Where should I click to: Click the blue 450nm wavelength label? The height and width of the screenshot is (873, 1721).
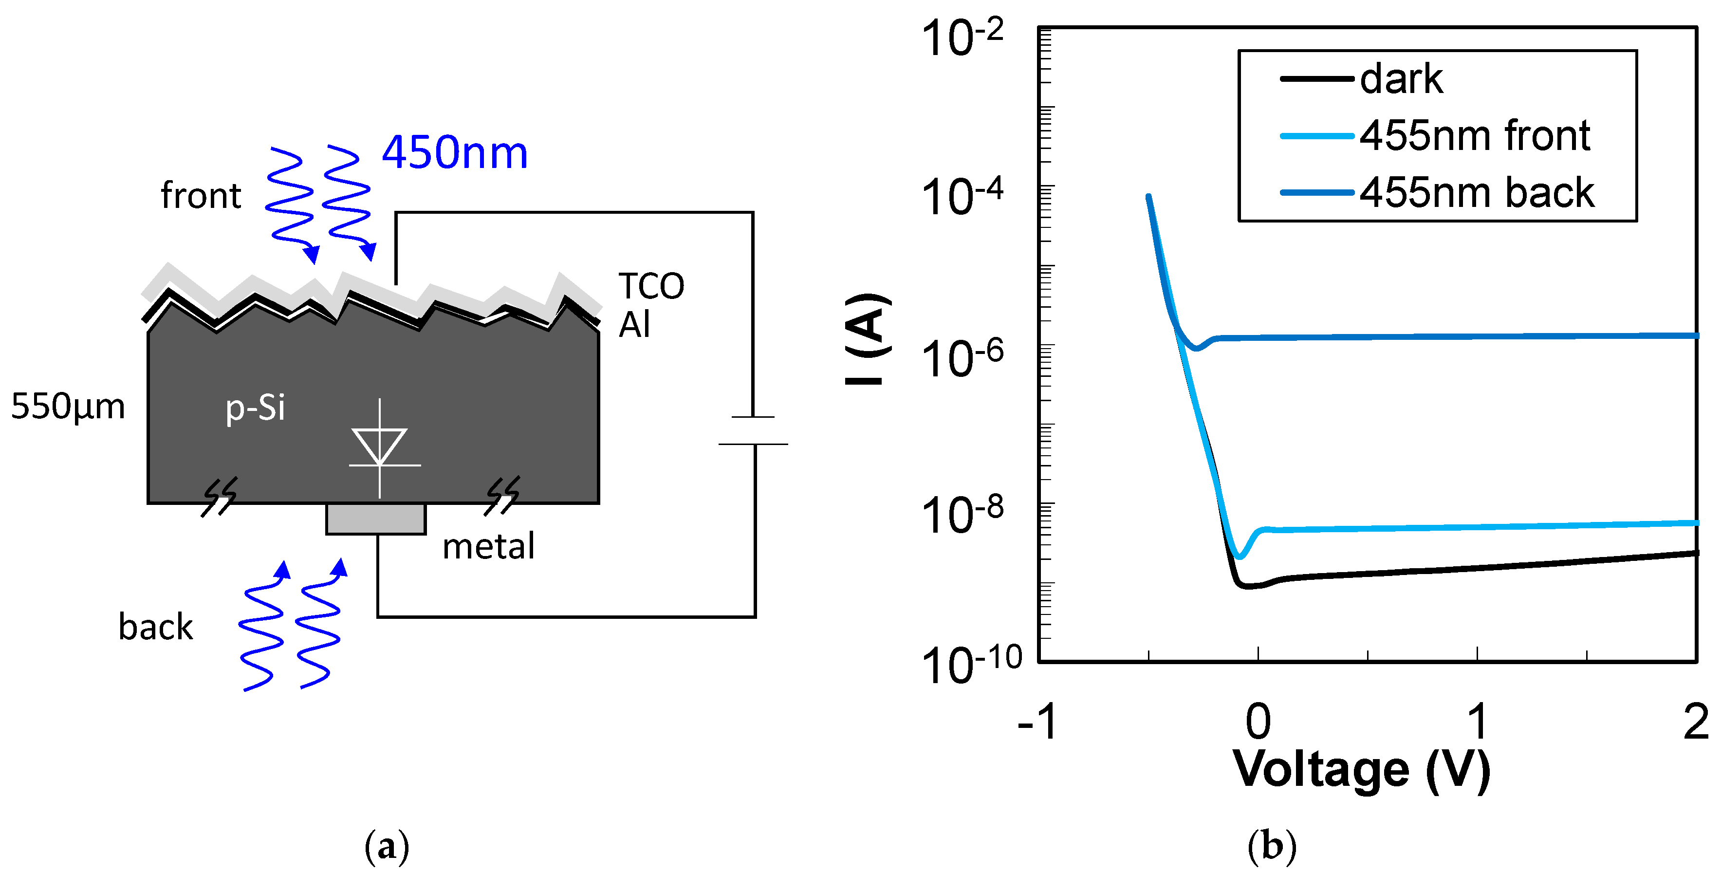[x=454, y=152]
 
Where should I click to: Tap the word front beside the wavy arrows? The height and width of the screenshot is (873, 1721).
[x=201, y=196]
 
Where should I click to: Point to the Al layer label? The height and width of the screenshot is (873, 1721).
[x=634, y=325]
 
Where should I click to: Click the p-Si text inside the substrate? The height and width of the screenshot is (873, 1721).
[x=255, y=408]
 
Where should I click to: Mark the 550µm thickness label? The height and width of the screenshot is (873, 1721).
[x=68, y=406]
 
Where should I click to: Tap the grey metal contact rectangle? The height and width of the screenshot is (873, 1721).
[x=375, y=519]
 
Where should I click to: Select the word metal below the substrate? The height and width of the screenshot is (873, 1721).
[x=488, y=546]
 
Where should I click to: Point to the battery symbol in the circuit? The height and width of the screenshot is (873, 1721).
[x=754, y=431]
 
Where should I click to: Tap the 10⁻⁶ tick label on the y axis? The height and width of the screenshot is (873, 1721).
[x=962, y=358]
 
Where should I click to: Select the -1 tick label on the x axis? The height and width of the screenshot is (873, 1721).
[x=1037, y=722]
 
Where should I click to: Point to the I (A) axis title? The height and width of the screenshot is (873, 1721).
[x=869, y=339]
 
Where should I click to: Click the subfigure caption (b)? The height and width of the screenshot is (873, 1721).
[x=1271, y=846]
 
